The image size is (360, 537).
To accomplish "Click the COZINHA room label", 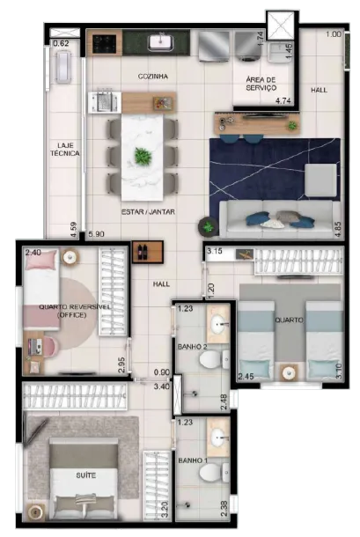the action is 153,77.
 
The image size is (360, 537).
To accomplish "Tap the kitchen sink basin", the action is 161,43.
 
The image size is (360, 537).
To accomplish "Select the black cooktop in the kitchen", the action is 104,44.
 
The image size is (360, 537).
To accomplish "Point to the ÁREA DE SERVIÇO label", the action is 261,84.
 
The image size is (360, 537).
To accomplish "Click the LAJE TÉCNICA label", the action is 65,150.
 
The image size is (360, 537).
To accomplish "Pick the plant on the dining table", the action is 143,156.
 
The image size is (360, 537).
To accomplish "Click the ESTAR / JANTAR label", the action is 149,212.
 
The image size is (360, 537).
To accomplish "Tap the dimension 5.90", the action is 96,234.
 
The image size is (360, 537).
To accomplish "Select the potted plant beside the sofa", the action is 208,227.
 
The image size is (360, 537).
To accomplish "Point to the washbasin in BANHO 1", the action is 218,437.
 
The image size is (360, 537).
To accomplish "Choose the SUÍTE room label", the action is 86,475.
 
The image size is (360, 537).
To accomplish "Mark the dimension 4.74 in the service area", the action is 283,100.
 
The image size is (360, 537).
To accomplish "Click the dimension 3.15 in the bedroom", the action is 215,251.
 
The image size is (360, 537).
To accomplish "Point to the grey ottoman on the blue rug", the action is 320,180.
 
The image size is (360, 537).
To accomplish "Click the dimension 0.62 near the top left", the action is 61,43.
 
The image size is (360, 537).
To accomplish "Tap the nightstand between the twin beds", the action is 290,371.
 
